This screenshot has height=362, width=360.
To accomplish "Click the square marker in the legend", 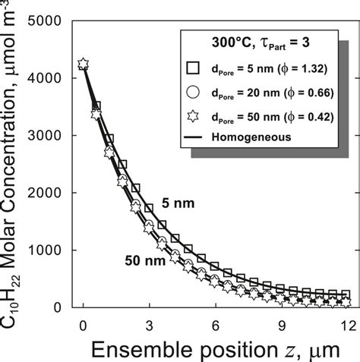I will point(193,69).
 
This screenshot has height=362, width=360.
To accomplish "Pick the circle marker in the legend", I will point(193,93).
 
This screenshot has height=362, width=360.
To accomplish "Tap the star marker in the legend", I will point(193,118).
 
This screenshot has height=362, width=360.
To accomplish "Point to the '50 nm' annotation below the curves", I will point(141,260).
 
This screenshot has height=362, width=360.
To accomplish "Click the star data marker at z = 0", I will point(83,64).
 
